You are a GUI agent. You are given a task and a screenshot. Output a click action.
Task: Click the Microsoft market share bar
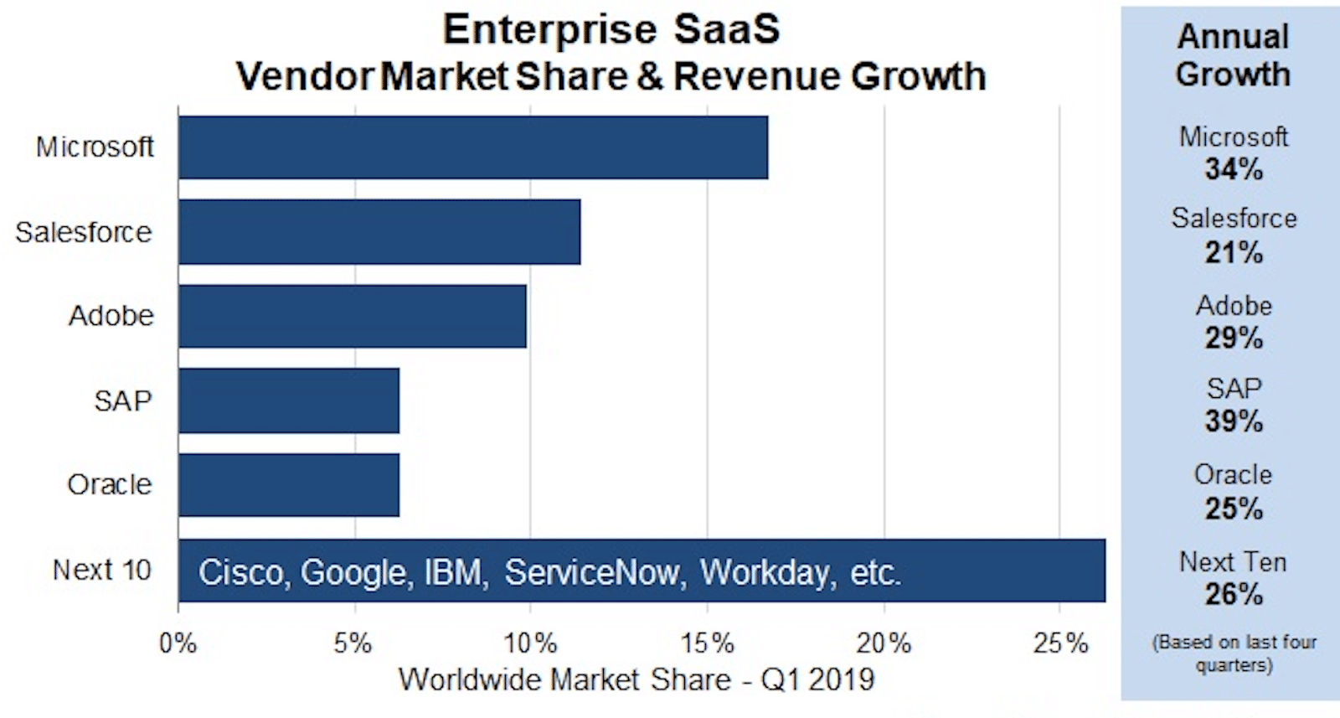[x=473, y=147]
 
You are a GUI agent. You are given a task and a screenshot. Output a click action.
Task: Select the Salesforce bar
[x=379, y=232]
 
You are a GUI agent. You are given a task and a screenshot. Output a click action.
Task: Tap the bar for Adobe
[x=353, y=316]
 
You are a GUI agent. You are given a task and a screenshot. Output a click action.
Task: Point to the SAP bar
[x=289, y=400]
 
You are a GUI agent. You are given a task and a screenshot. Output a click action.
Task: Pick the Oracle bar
[x=289, y=485]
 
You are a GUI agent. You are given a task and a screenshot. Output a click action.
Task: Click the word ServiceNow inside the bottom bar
[x=590, y=573]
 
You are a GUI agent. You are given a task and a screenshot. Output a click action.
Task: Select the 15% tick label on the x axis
[x=708, y=643]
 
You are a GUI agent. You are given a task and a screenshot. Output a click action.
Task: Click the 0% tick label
[x=178, y=643]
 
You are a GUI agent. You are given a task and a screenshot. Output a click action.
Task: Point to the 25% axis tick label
[x=1060, y=643]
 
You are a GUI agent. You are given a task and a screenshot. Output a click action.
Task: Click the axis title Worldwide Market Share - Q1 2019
[x=636, y=679]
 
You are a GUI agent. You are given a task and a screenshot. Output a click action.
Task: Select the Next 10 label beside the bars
[x=101, y=571]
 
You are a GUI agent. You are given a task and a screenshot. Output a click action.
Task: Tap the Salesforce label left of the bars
[x=84, y=232]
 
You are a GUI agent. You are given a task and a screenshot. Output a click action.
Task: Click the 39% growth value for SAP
[x=1234, y=421]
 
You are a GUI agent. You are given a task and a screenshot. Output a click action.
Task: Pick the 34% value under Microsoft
[x=1234, y=169]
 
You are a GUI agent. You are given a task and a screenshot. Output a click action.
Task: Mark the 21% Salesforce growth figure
[x=1234, y=252]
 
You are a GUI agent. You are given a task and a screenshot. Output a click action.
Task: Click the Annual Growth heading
[x=1233, y=55]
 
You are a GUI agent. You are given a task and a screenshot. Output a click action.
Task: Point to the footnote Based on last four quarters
[x=1234, y=653]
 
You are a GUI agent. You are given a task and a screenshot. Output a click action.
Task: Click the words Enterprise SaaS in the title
[x=611, y=30]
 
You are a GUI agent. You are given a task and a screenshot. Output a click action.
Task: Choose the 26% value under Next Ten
[x=1234, y=594]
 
